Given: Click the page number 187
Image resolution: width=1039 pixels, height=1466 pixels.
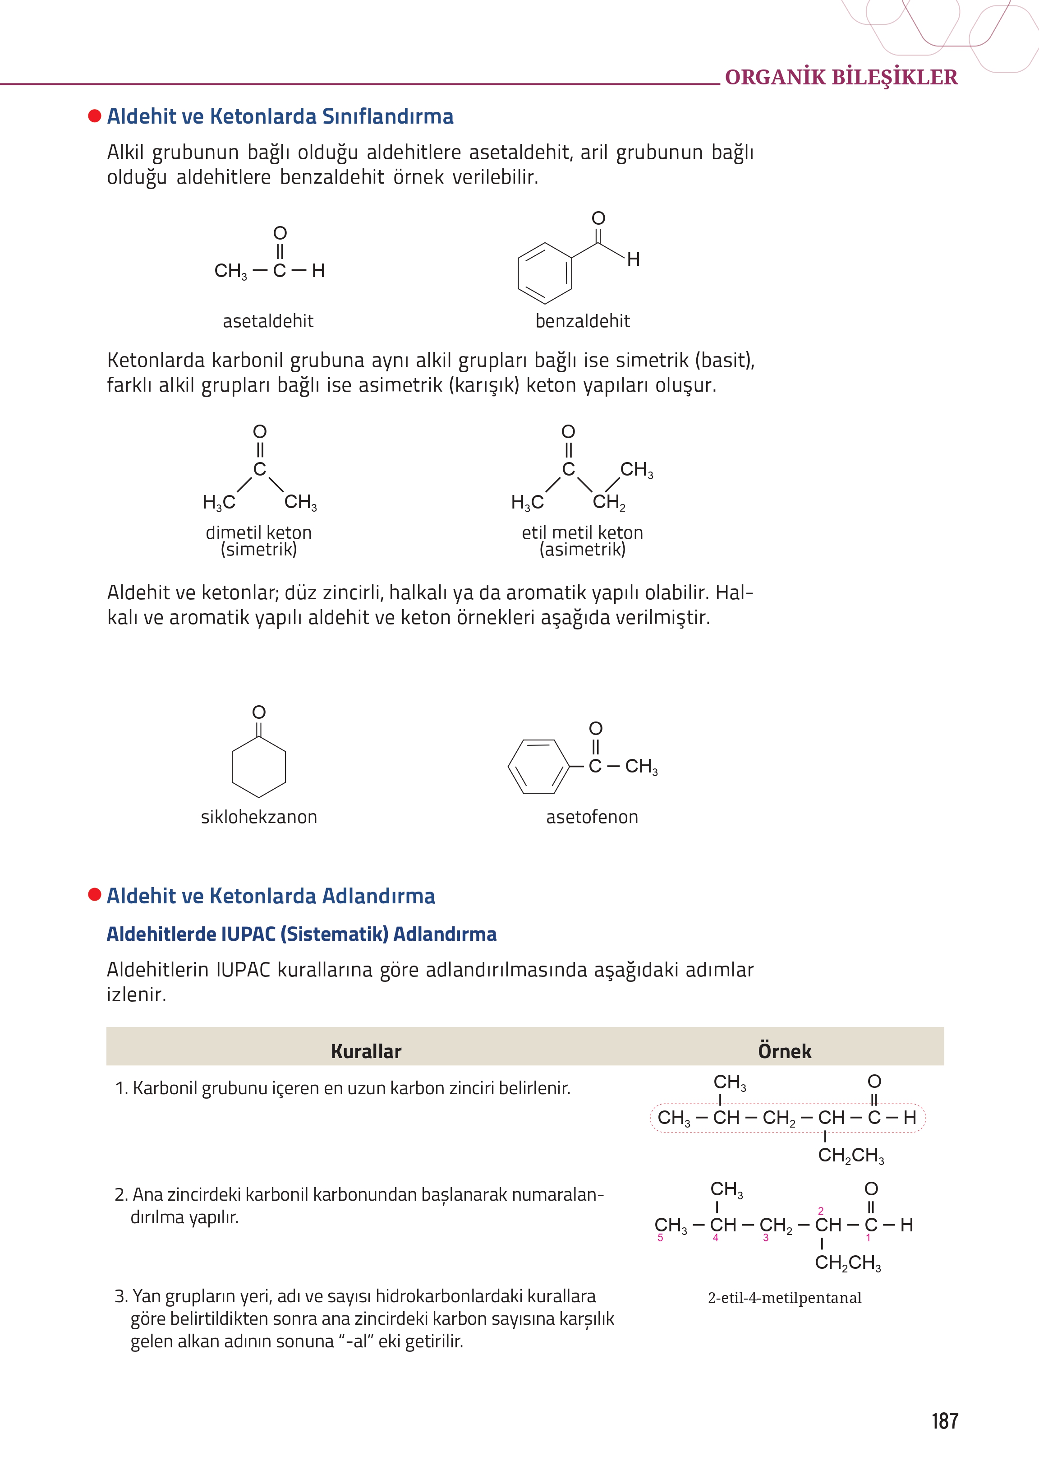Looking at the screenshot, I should (944, 1421).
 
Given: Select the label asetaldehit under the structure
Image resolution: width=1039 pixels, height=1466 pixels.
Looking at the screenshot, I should (268, 321).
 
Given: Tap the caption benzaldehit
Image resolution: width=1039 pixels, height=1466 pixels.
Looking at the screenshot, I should (582, 321).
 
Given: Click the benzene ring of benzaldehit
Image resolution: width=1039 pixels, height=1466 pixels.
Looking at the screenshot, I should (544, 273).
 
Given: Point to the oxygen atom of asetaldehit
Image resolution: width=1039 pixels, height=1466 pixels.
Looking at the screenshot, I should (280, 233).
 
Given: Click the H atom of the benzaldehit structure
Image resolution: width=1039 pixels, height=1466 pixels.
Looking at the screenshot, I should (634, 259).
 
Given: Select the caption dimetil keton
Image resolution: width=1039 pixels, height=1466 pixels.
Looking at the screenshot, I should (258, 532).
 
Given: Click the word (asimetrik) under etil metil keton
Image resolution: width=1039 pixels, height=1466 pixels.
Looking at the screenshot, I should (582, 549).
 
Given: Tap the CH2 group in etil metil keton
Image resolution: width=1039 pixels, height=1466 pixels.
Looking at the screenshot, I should (608, 502).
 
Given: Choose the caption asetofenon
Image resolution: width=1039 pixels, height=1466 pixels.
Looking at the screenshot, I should (592, 817).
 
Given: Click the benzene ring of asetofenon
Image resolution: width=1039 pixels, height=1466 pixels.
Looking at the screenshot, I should (538, 766).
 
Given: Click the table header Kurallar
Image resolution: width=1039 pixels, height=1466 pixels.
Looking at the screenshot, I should (366, 1051).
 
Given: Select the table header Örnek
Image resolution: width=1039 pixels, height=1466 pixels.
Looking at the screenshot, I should (784, 1051).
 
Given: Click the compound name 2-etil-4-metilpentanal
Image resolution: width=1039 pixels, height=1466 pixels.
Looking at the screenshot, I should (784, 1298).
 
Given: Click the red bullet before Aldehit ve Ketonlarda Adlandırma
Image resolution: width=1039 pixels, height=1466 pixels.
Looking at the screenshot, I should (95, 894).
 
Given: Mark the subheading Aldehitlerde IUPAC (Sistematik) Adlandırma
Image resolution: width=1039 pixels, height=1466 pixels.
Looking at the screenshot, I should (301, 934).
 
